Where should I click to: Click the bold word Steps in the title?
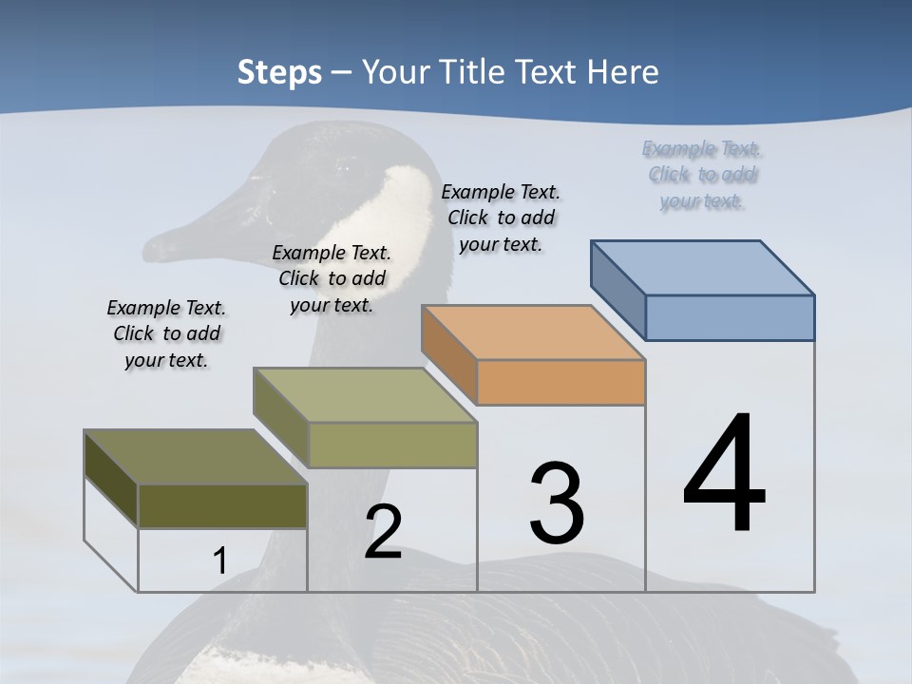coord(279,72)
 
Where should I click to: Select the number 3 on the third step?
coord(557,503)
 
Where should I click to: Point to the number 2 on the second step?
coord(383,531)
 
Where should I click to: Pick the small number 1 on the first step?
coord(219,560)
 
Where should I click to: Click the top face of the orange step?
coord(533,332)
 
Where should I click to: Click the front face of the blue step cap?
coord(730,317)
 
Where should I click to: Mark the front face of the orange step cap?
coord(560,383)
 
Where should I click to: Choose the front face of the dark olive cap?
coord(222,505)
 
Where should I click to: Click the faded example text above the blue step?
coord(702,174)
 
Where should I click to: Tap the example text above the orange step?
coord(501,218)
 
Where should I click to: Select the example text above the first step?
coord(166,333)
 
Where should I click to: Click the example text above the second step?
coord(332,278)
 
